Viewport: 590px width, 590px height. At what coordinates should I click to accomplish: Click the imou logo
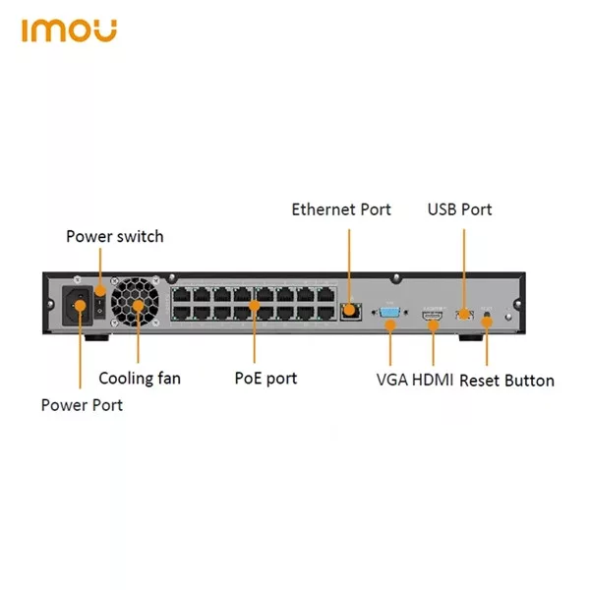click(x=69, y=30)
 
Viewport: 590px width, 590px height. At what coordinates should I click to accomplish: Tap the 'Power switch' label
click(x=115, y=237)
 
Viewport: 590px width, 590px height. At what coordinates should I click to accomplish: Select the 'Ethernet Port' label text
click(x=341, y=209)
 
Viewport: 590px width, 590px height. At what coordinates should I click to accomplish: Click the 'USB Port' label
click(x=459, y=209)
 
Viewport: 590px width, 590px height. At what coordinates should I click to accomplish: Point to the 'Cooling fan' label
click(x=140, y=379)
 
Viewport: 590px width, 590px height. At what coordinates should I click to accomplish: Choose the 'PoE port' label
click(x=265, y=379)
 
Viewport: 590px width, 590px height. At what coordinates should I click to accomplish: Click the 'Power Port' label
click(x=82, y=405)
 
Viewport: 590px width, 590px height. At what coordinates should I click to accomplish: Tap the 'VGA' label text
click(x=392, y=380)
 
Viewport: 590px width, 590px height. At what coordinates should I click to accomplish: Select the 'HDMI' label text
click(x=433, y=380)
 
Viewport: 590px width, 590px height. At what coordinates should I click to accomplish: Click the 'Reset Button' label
click(x=506, y=381)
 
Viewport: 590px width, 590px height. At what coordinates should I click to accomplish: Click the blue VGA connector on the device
click(x=389, y=313)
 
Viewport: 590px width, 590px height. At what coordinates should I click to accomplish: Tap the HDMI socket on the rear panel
click(x=432, y=316)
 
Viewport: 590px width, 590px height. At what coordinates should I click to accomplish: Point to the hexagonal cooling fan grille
click(x=135, y=302)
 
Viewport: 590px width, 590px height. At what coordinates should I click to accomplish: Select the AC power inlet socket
click(x=78, y=306)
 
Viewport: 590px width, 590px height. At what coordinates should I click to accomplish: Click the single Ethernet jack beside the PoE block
click(x=351, y=312)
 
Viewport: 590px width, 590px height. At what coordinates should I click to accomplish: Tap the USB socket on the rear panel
click(x=465, y=315)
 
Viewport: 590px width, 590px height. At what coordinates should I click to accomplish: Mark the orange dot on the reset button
click(x=487, y=322)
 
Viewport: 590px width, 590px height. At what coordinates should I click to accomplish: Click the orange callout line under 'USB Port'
click(x=464, y=269)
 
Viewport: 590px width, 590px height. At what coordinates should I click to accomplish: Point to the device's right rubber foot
click(x=471, y=337)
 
